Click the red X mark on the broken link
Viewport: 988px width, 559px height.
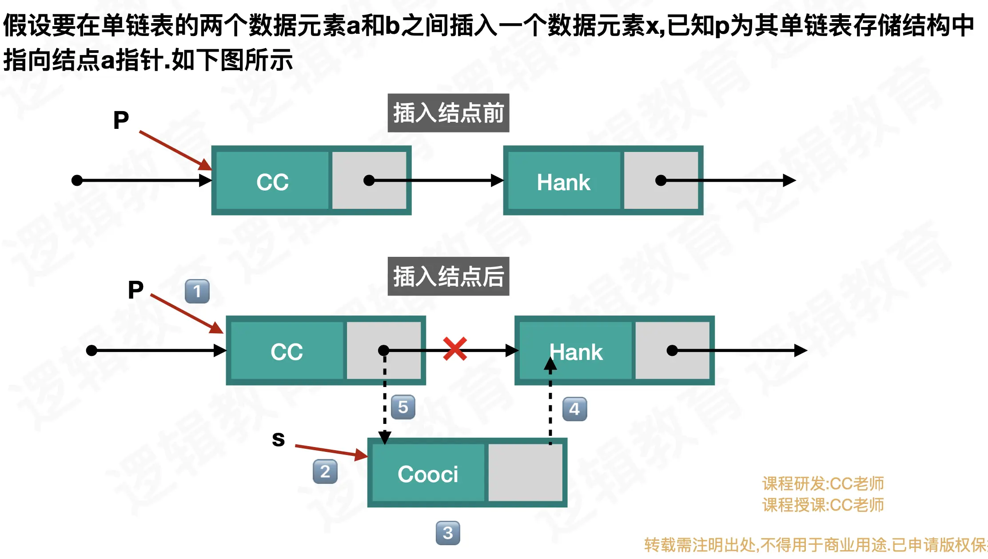pyautogui.click(x=455, y=349)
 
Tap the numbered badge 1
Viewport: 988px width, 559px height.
pyautogui.click(x=197, y=291)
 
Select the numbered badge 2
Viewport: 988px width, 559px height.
pyautogui.click(x=325, y=471)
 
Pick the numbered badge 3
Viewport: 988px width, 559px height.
pyautogui.click(x=448, y=533)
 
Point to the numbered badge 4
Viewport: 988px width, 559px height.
pyautogui.click(x=574, y=409)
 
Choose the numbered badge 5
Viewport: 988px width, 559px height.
pyautogui.click(x=403, y=407)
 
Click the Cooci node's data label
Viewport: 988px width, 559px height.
pyautogui.click(x=428, y=474)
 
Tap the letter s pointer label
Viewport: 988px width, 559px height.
pyautogui.click(x=278, y=439)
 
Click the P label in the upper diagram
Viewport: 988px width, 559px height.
pyautogui.click(x=121, y=120)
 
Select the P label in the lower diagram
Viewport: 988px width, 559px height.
pyautogui.click(x=135, y=290)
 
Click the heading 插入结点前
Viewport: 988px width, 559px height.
pyautogui.click(x=448, y=113)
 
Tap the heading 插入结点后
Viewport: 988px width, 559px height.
pyautogui.click(x=448, y=276)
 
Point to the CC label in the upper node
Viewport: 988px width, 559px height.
pyautogui.click(x=272, y=182)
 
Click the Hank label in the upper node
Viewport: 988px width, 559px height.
pyautogui.click(x=563, y=182)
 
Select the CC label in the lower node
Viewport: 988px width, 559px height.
pyautogui.click(x=287, y=352)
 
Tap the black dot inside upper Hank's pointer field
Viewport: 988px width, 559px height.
pyautogui.click(x=661, y=180)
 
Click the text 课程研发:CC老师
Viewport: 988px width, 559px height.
pyautogui.click(x=823, y=483)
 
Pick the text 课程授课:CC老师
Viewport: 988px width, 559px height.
pyautogui.click(x=823, y=505)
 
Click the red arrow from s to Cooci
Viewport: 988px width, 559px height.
pyautogui.click(x=331, y=451)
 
